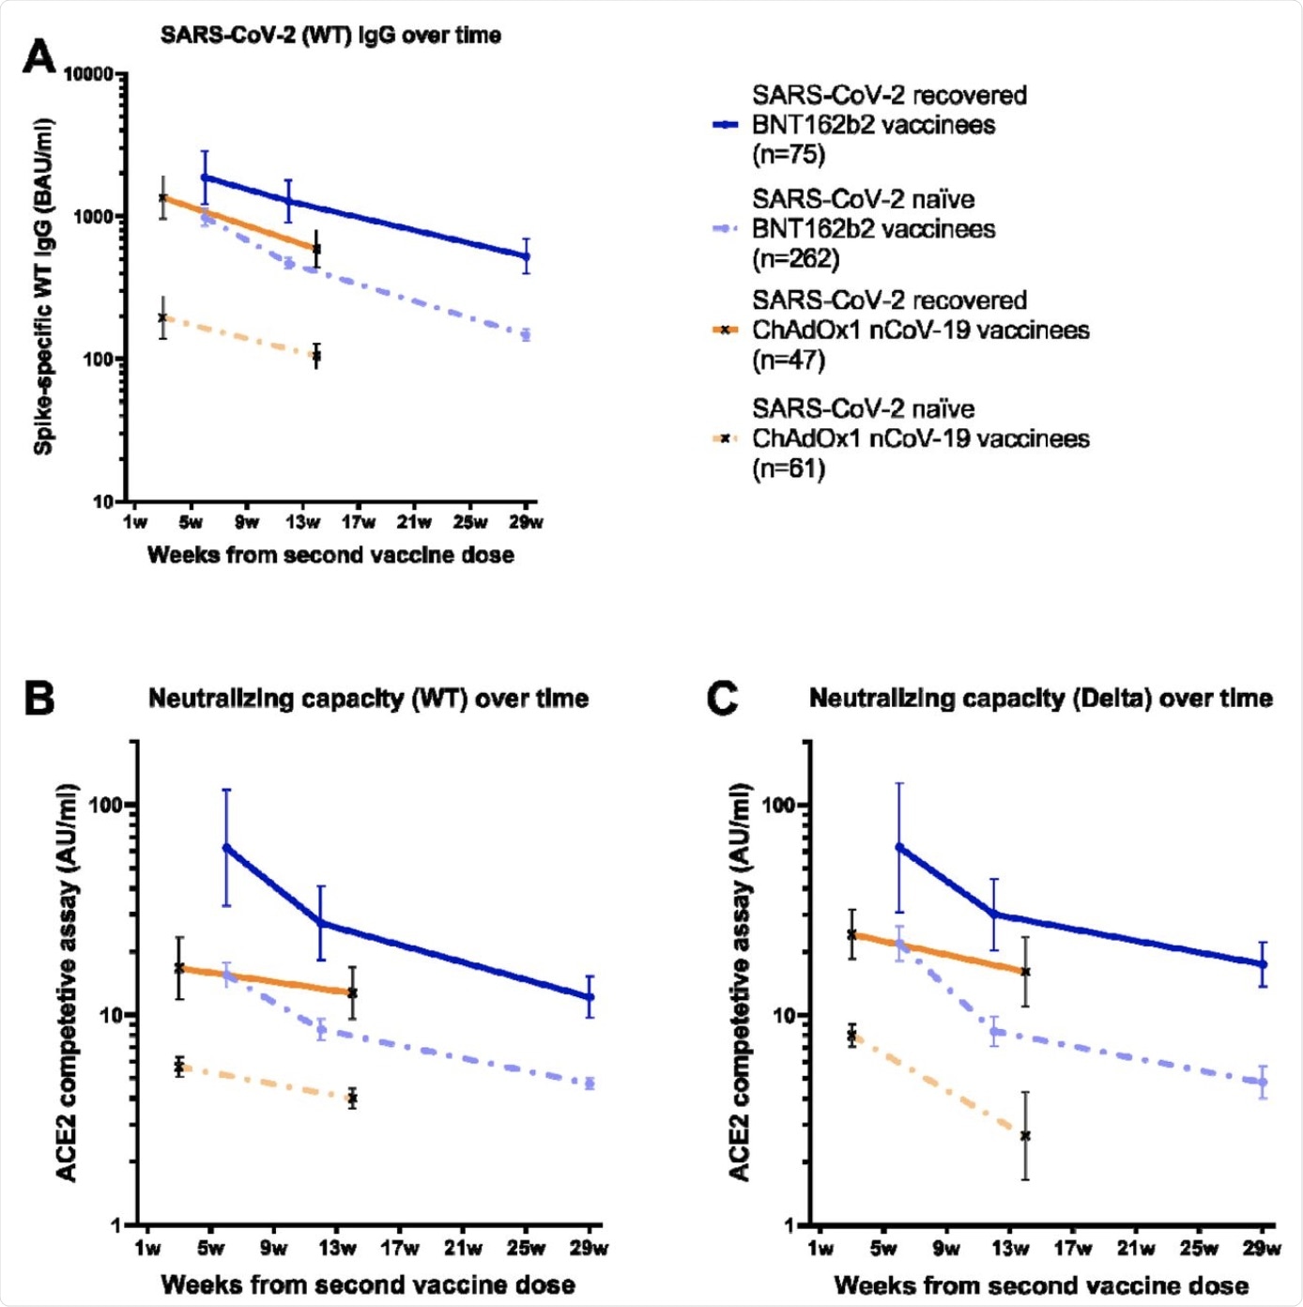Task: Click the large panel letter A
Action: [38, 55]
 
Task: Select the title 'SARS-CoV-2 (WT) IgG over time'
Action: [330, 36]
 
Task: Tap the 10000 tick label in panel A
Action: [88, 74]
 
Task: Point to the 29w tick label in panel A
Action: [527, 522]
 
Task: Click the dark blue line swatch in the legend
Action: [726, 124]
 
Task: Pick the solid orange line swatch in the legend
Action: [726, 330]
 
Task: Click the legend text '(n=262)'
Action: [795, 258]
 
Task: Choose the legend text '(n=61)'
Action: [789, 468]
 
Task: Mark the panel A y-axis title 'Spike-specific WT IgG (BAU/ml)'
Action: [43, 287]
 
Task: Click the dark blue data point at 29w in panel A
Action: [527, 255]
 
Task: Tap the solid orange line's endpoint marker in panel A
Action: [317, 249]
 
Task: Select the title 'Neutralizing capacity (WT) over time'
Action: [368, 699]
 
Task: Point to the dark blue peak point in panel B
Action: [226, 848]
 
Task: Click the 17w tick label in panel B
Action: [400, 1248]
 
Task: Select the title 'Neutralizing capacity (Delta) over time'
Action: [1040, 699]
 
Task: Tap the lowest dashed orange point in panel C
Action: [1025, 1135]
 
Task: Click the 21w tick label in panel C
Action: [1136, 1248]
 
